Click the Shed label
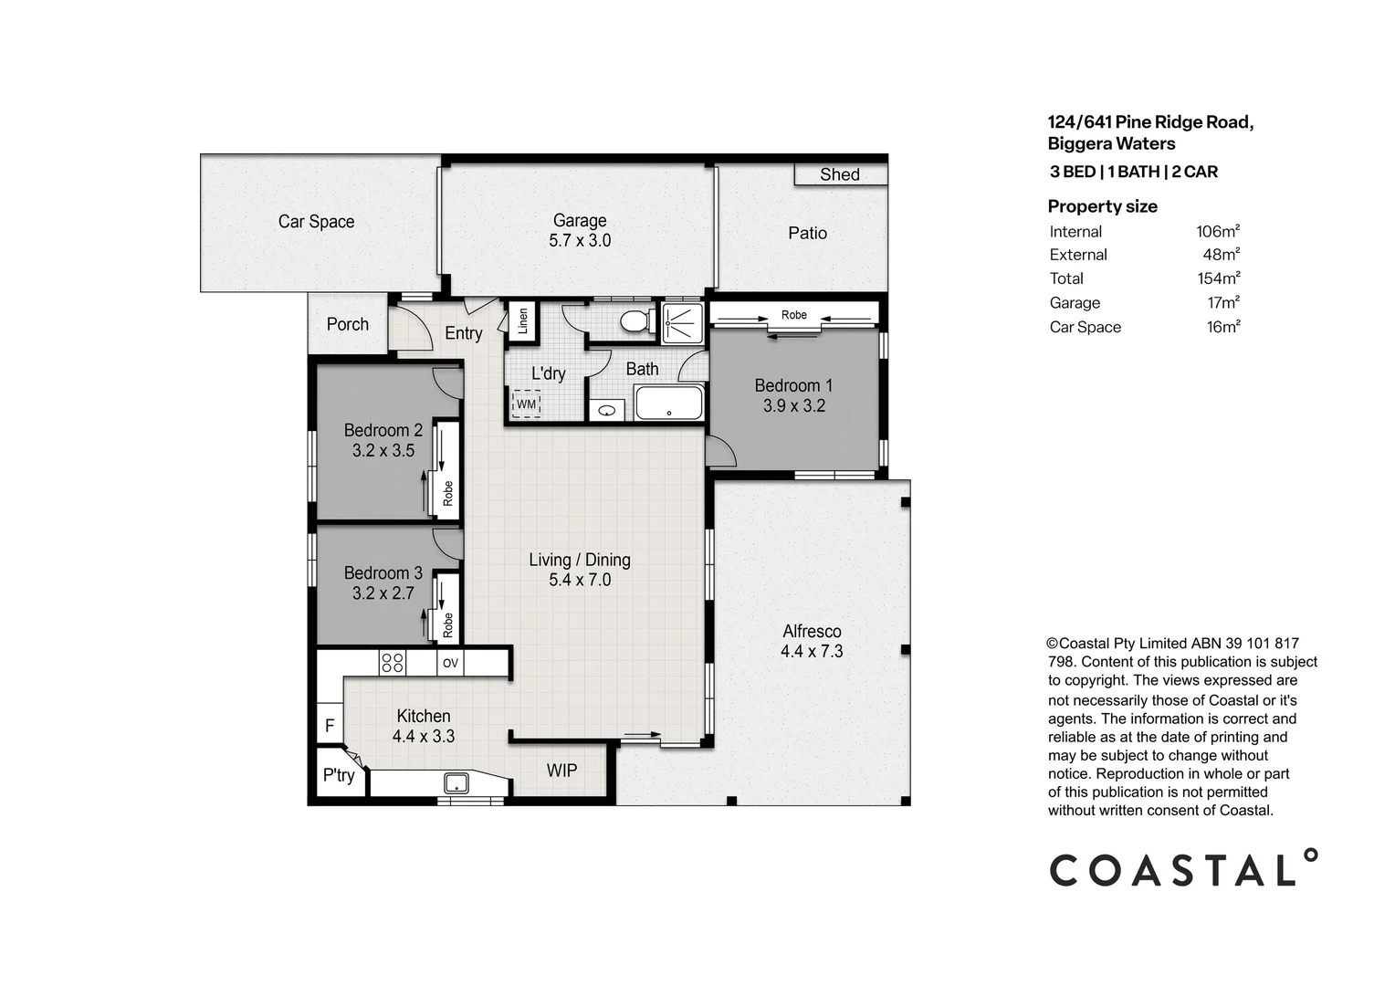(839, 174)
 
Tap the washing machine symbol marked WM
(527, 404)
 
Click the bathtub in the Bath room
(669, 403)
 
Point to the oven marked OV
(450, 664)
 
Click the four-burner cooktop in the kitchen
(393, 663)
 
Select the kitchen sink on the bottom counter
(456, 782)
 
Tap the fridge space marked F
(330, 727)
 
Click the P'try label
(339, 775)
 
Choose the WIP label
(561, 771)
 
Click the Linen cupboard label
(523, 321)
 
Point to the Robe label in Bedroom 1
(793, 315)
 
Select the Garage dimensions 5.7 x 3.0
(580, 241)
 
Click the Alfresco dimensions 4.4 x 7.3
(812, 652)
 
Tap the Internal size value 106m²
(1217, 232)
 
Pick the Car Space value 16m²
(1222, 327)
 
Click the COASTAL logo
(1183, 868)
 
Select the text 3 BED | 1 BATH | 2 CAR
(1133, 172)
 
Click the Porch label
(348, 324)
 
